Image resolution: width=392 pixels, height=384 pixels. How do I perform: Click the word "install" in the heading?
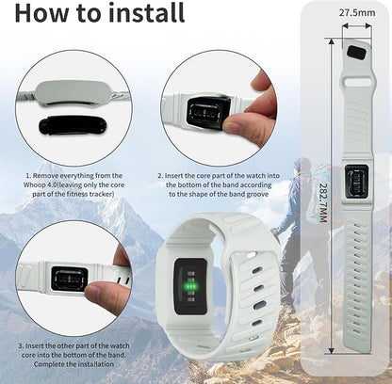pyautogui.click(x=146, y=12)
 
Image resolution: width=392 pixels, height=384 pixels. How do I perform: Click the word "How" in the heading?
pyautogui.click(x=41, y=13)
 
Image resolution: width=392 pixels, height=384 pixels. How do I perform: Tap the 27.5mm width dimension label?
pyautogui.click(x=357, y=13)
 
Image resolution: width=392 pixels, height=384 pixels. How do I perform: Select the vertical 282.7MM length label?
pyautogui.click(x=323, y=202)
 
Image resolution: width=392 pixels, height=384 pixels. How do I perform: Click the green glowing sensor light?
pyautogui.click(x=190, y=286)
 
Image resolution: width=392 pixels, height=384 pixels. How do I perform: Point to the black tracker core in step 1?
pyautogui.click(x=73, y=125)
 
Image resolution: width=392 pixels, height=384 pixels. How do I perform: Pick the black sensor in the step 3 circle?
pyautogui.click(x=70, y=279)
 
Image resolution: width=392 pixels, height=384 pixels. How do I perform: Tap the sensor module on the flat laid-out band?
pyautogui.click(x=356, y=182)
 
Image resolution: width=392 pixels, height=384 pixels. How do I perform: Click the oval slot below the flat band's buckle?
pyautogui.click(x=357, y=83)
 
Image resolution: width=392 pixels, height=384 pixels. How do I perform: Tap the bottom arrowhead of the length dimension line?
pyautogui.click(x=331, y=350)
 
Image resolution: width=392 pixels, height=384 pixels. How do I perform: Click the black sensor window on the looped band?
pyautogui.click(x=190, y=286)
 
